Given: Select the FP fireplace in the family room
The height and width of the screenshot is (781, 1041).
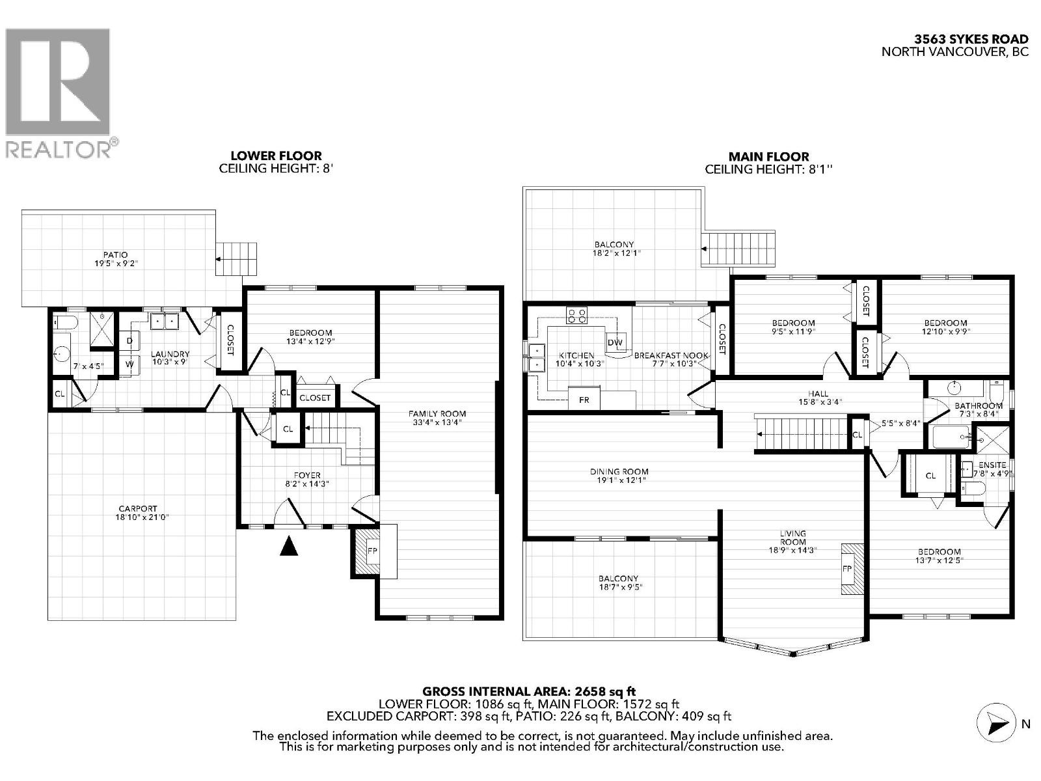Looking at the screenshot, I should click(x=373, y=551).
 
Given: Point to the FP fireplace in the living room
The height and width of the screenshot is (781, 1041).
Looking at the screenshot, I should click(x=848, y=568).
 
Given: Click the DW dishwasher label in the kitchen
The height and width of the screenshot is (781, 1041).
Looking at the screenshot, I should click(x=615, y=342).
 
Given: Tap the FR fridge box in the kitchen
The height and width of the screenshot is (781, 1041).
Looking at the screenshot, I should click(x=584, y=400).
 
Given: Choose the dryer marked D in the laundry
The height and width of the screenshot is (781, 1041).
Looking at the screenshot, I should click(x=129, y=340).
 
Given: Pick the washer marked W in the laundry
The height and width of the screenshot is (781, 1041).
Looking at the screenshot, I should click(x=129, y=364).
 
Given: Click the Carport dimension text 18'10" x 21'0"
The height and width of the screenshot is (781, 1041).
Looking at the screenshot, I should click(x=138, y=517).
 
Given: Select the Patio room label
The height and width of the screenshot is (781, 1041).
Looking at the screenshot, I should click(x=115, y=254).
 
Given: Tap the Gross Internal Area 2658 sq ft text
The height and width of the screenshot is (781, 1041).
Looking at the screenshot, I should click(x=528, y=692).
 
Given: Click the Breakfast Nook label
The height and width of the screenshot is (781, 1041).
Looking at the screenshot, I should click(x=671, y=355).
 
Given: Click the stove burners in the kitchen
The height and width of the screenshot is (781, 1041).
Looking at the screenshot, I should click(x=576, y=316).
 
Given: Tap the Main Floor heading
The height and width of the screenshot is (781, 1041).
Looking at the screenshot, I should click(x=768, y=157).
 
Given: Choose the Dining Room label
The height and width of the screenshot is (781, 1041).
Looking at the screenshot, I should click(x=619, y=471).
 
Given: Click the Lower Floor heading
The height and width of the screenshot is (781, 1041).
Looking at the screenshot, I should click(x=276, y=156).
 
